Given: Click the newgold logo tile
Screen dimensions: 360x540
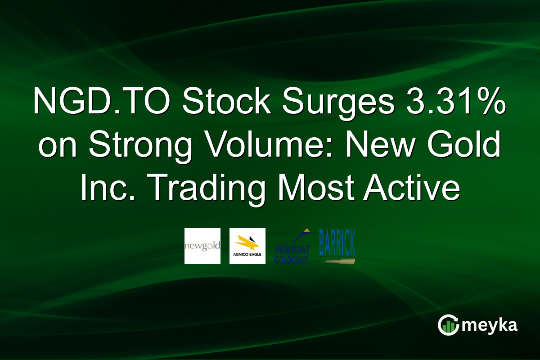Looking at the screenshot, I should (202, 246).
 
